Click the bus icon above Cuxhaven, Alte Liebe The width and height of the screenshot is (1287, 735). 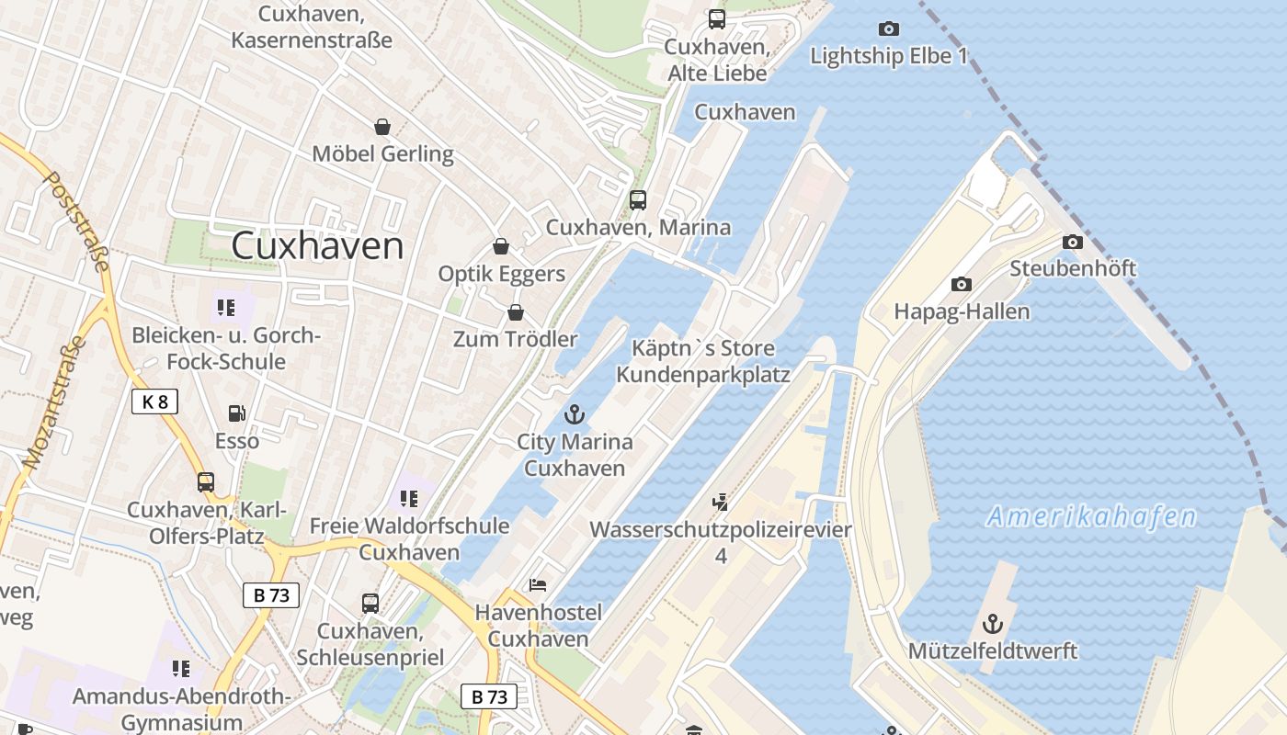(716, 18)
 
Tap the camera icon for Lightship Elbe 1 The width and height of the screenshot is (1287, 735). (889, 28)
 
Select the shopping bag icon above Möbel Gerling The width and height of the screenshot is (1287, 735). (382, 126)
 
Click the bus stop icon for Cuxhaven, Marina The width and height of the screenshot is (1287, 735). (638, 199)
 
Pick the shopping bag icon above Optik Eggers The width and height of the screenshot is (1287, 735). (501, 246)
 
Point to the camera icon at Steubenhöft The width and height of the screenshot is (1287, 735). (1072, 242)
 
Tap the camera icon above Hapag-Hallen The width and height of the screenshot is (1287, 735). (962, 284)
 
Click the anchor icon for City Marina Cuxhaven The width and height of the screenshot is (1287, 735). (575, 413)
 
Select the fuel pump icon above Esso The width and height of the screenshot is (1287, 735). (237, 413)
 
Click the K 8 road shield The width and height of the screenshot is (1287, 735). (154, 401)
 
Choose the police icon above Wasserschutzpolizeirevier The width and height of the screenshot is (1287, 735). (721, 502)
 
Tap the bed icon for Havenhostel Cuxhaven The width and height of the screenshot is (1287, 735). (538, 584)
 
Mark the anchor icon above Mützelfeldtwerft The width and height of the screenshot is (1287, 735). (992, 624)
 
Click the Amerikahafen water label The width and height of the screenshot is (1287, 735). (1091, 516)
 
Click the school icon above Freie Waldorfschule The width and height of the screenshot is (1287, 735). (409, 498)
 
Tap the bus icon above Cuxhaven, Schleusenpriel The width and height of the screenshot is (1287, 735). (370, 604)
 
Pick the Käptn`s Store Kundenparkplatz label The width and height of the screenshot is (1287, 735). (703, 361)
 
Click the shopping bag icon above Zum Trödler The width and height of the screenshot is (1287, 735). (516, 312)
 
